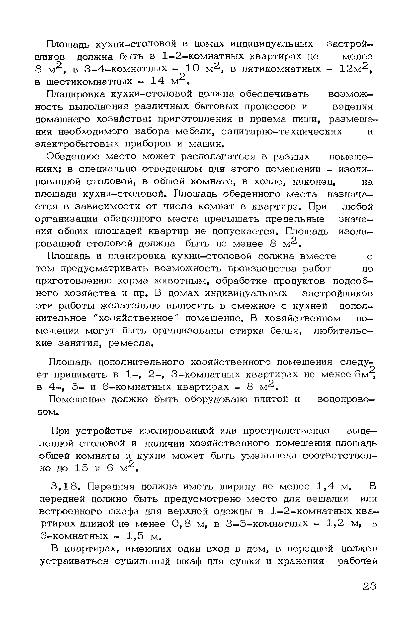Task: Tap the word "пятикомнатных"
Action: coord(281,69)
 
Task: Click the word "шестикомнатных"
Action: coord(89,81)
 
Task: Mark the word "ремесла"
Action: coord(131,343)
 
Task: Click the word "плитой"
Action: coord(271,400)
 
